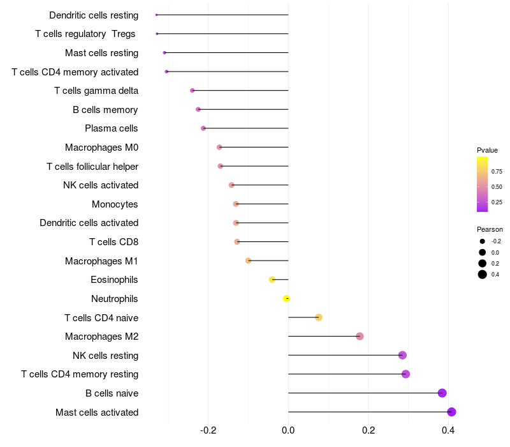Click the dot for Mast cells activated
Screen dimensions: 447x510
point(451,412)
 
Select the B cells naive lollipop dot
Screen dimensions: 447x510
point(442,393)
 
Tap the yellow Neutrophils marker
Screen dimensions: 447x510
point(287,298)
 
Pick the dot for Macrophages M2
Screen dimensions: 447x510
point(360,337)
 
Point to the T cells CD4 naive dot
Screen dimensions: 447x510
point(319,317)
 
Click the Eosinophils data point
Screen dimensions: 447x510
point(272,280)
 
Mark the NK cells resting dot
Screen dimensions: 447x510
point(402,355)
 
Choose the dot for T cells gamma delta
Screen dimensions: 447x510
point(193,91)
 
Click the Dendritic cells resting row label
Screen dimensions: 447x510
point(94,15)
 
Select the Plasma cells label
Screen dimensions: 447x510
point(112,128)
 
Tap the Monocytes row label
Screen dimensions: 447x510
point(115,204)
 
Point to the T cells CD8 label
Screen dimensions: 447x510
point(113,242)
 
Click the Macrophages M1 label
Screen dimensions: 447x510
point(101,261)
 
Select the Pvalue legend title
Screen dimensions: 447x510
point(487,150)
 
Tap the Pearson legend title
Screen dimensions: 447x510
point(490,229)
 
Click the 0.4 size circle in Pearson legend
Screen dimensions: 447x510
point(483,275)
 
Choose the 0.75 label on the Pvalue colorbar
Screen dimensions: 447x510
point(497,171)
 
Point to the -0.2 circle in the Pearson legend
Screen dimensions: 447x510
point(483,241)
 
